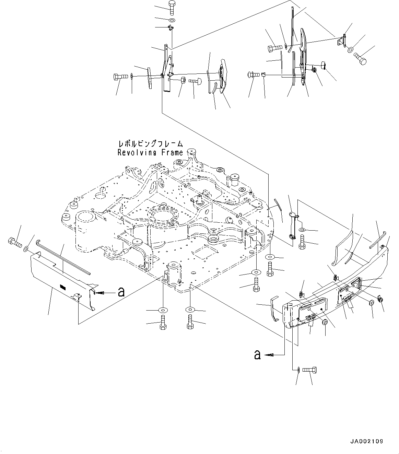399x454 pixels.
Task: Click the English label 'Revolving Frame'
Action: point(150,153)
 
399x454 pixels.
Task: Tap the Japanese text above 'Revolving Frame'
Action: point(150,144)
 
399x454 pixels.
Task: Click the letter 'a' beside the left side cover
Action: point(121,292)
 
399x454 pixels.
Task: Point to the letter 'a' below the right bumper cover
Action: point(257,354)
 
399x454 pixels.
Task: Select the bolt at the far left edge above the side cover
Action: point(14,243)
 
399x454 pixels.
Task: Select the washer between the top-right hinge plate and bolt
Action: point(351,50)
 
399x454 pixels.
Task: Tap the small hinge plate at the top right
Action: point(342,40)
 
